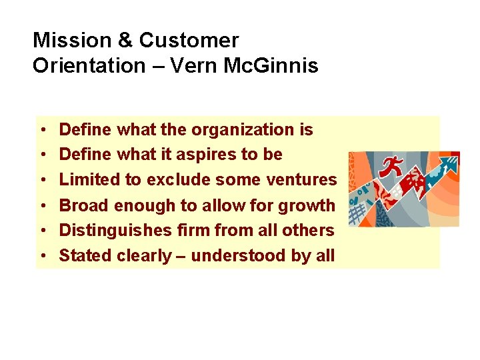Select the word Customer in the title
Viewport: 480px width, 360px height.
189,41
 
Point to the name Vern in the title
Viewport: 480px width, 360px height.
195,66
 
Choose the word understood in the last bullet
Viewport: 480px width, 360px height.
244,256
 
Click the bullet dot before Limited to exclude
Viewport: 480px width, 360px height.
42,181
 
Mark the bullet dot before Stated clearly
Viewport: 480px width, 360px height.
42,257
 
